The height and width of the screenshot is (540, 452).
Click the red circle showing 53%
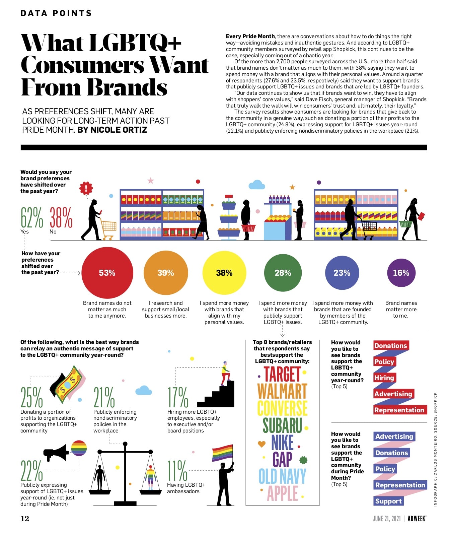click(107, 273)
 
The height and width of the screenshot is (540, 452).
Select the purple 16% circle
click(401, 273)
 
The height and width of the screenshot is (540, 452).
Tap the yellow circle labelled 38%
click(224, 273)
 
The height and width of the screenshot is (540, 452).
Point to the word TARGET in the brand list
click(282, 374)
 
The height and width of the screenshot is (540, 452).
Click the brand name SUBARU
click(282, 425)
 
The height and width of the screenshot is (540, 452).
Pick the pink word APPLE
click(282, 493)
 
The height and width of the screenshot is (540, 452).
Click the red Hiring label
click(384, 378)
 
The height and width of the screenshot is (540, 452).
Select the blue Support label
click(388, 501)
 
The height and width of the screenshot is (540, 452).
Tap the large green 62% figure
click(32, 217)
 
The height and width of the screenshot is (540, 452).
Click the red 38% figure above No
click(61, 217)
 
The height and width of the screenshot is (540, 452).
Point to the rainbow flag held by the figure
click(222, 453)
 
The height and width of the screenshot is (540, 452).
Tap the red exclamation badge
click(86, 188)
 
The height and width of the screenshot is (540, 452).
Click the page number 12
click(25, 519)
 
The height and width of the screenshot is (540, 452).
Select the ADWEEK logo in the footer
click(417, 519)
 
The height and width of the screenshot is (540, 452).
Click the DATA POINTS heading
click(56, 13)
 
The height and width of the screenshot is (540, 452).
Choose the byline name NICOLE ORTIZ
click(119, 130)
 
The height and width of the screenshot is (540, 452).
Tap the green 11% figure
click(177, 470)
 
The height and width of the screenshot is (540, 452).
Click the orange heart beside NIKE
click(261, 444)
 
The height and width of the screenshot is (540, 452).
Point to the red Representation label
click(399, 410)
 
